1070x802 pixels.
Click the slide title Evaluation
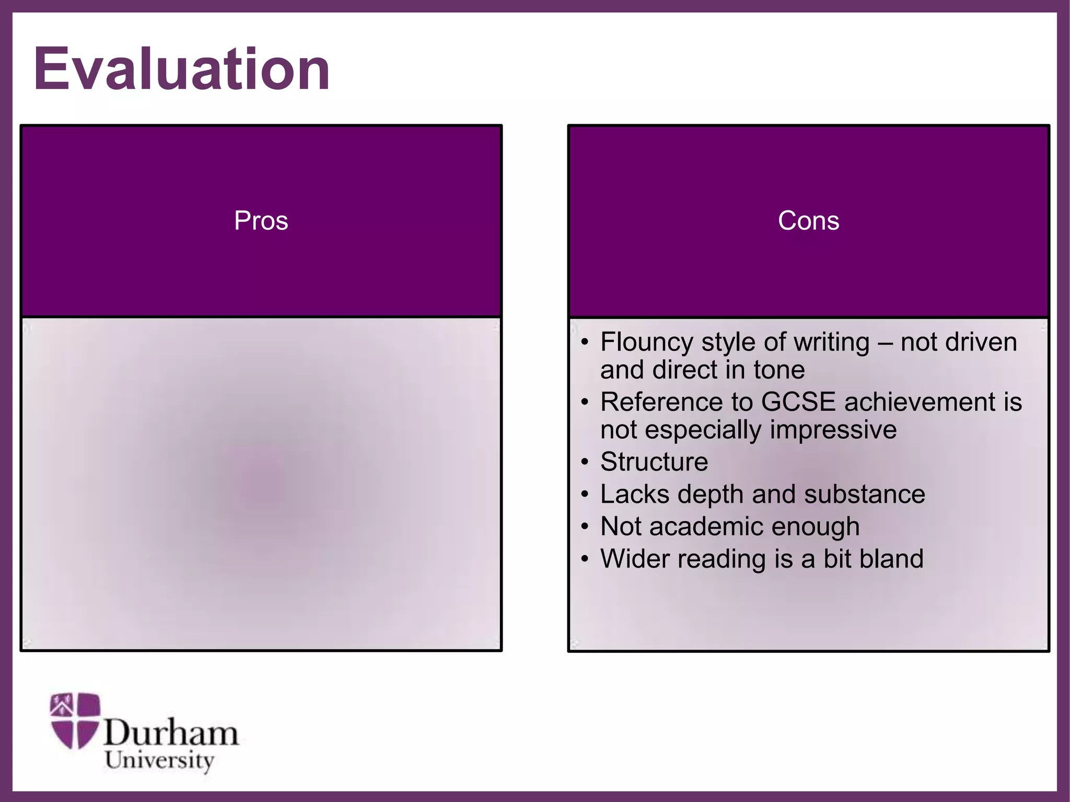pyautogui.click(x=181, y=69)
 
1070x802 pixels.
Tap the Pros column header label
pyautogui.click(x=261, y=221)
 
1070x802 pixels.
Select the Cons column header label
pyautogui.click(x=808, y=221)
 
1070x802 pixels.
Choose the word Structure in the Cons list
pyautogui.click(x=654, y=462)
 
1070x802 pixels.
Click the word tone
pyautogui.click(x=779, y=370)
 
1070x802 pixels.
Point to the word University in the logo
pyautogui.click(x=159, y=760)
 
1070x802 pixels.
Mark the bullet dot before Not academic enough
pyautogui.click(x=585, y=527)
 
